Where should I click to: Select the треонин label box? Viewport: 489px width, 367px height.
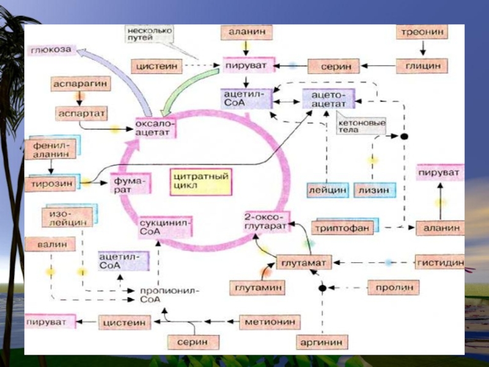pos(422,31)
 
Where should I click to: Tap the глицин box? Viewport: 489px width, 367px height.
pos(422,65)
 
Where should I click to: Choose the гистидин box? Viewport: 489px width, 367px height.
pos(438,263)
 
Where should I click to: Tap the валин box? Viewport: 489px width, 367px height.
pos(50,244)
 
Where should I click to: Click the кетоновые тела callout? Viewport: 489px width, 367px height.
pos(361,127)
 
